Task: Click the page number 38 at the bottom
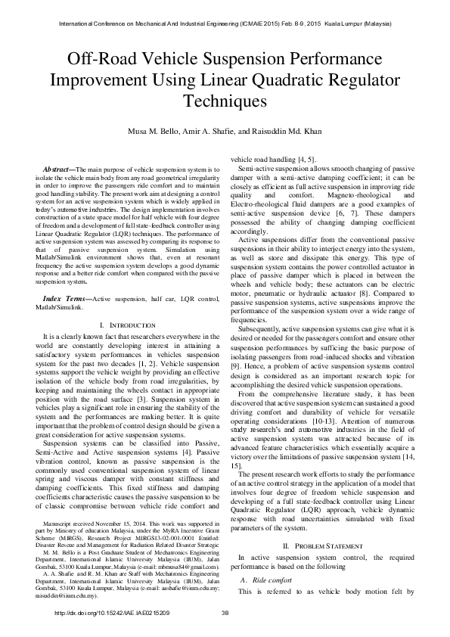[x=225, y=613]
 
